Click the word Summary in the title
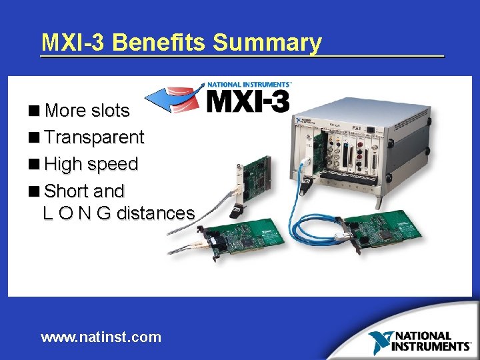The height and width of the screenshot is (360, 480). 267,43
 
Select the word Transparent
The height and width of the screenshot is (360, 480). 94,137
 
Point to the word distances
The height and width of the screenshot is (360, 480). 156,213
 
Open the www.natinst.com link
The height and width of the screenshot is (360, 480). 101,337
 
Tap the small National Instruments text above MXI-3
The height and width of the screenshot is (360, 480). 249,85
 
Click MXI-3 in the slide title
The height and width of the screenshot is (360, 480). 74,43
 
